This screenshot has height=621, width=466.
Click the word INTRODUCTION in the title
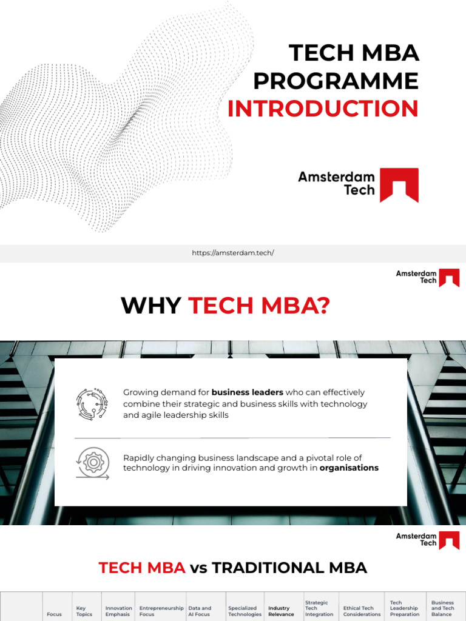pos(323,109)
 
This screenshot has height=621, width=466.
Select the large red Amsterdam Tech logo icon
pos(399,185)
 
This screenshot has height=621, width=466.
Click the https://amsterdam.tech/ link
pos(233,253)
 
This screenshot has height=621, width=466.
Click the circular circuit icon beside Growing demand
pos(92,404)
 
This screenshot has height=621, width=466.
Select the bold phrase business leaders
pos(247,392)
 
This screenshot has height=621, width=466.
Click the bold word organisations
pos(349,468)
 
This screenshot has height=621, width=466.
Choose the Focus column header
pos(54,614)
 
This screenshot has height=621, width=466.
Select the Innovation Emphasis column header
pos(118,611)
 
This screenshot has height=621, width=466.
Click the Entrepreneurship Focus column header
pos(161,611)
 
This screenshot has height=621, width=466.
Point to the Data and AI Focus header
pos(200,611)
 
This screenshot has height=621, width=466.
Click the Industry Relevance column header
pos(280,611)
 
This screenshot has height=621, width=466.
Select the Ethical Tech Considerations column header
pos(362,611)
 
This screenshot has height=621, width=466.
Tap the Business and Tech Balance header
pos(442,608)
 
